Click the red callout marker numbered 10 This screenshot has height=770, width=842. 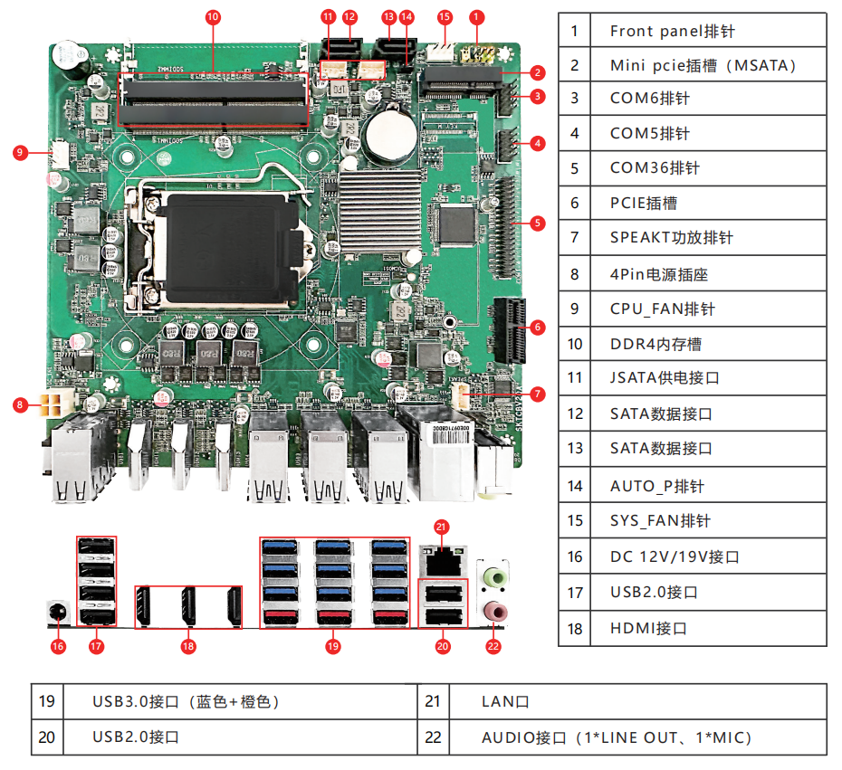point(214,16)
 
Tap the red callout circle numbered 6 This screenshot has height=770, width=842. point(537,327)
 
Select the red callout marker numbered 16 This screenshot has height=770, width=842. point(58,646)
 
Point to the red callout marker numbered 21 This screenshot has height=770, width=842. point(441,526)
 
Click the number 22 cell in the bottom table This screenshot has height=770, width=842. point(434,737)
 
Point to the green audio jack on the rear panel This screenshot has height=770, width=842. point(493,575)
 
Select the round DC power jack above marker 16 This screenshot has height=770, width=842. point(58,611)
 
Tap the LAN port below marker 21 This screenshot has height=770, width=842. point(442,559)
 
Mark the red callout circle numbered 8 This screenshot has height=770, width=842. point(19,404)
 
